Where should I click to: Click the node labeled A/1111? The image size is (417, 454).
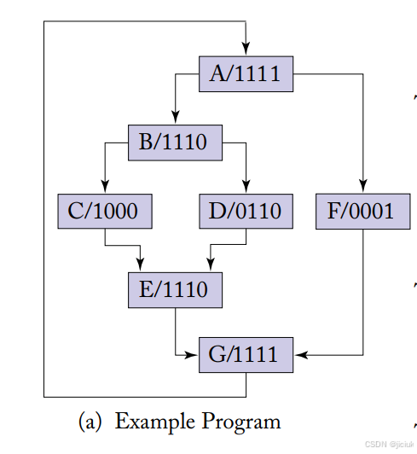click(x=246, y=74)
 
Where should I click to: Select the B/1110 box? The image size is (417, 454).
click(x=175, y=142)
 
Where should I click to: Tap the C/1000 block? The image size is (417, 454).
click(x=104, y=211)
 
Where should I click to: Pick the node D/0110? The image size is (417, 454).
click(x=246, y=211)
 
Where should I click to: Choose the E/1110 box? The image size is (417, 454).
click(x=175, y=289)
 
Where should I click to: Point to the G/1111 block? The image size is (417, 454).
click(x=246, y=354)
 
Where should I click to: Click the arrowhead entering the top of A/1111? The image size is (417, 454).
click(x=246, y=52)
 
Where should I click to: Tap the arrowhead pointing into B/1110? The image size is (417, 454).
click(x=175, y=119)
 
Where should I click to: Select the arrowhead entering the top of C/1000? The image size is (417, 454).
click(x=105, y=189)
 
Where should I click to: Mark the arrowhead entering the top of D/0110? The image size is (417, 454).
click(x=246, y=189)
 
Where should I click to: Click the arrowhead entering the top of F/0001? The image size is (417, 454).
click(x=363, y=189)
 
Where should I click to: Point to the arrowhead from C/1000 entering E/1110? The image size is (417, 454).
click(x=140, y=267)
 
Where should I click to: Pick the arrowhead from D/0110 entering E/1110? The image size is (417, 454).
click(x=210, y=267)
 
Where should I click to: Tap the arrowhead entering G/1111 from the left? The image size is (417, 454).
click(x=194, y=353)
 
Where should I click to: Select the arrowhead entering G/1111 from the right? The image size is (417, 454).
click(x=299, y=353)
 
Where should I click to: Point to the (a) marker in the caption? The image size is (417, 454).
click(x=91, y=422)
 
